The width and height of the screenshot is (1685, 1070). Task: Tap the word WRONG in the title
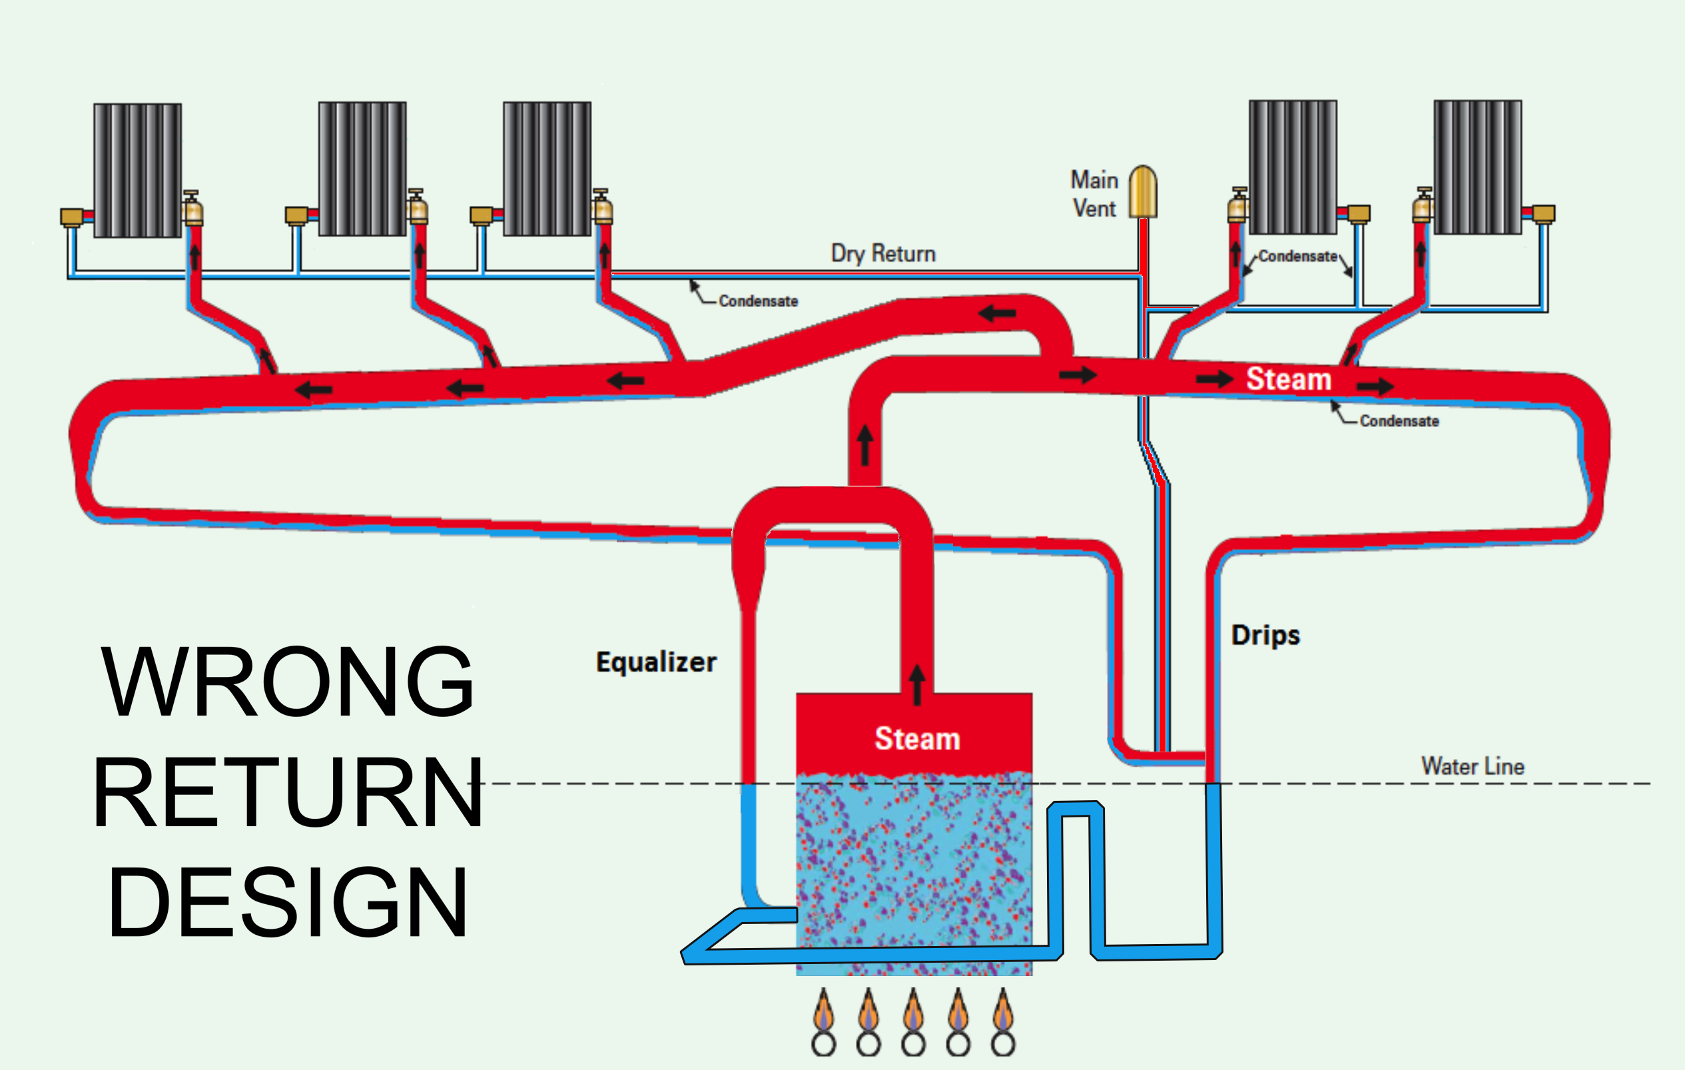click(287, 682)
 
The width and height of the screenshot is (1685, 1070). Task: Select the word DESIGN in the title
click(287, 903)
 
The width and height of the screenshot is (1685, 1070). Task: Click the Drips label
click(1265, 636)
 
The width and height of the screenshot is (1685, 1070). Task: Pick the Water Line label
click(1473, 766)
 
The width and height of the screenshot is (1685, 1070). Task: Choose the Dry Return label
click(883, 253)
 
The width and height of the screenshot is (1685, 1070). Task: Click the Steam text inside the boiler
click(916, 739)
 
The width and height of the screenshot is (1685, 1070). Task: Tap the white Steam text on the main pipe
click(1288, 379)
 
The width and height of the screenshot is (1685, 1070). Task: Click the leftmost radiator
click(138, 170)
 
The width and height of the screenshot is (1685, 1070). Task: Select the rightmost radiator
click(1477, 167)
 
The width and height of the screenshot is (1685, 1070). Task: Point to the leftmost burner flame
click(824, 1011)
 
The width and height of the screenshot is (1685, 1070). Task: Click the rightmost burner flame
click(1003, 1011)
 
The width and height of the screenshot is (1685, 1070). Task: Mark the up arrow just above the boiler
click(916, 684)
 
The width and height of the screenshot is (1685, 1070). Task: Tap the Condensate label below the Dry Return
click(758, 301)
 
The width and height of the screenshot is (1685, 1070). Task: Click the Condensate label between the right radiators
click(1297, 256)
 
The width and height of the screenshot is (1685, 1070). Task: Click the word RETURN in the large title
click(287, 793)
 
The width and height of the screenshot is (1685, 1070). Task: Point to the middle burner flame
click(913, 1011)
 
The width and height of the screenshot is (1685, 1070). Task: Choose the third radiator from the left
click(547, 169)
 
